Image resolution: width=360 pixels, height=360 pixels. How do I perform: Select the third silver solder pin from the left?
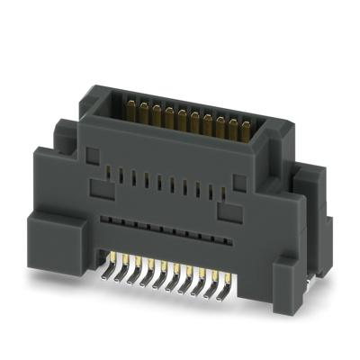(135, 267)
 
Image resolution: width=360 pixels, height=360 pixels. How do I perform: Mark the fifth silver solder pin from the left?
(157, 271)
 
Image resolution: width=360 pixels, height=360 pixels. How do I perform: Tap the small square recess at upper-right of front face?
(239, 183)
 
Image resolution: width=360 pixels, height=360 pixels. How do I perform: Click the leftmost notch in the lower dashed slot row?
(104, 219)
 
